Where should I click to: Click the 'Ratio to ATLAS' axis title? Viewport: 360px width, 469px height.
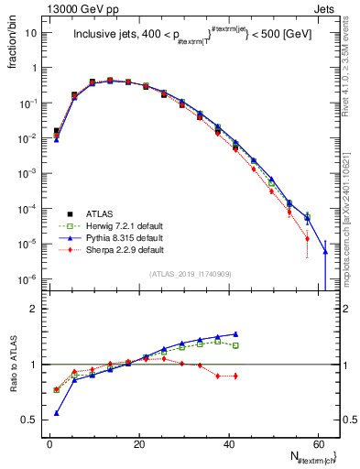[x=12, y=365]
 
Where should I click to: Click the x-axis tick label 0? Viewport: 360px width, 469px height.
[x=49, y=444]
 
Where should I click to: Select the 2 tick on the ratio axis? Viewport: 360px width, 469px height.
[x=34, y=309]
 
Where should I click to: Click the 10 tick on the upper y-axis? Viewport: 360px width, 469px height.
[x=32, y=33]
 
